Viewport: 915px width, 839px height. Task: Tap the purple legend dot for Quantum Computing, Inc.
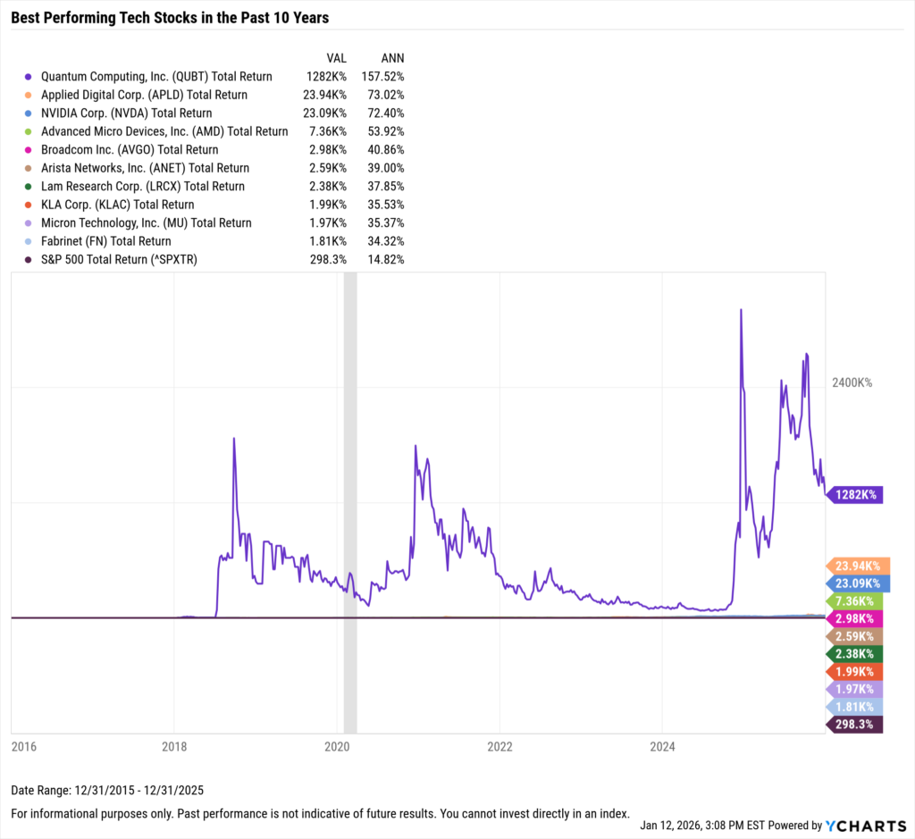[29, 77]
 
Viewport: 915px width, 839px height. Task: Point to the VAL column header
[337, 58]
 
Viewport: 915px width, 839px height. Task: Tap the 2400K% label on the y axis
[852, 382]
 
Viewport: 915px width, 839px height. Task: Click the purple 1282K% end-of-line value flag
[856, 494]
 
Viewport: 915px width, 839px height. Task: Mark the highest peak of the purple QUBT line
[741, 310]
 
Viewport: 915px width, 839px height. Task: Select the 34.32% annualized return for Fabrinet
[386, 241]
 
